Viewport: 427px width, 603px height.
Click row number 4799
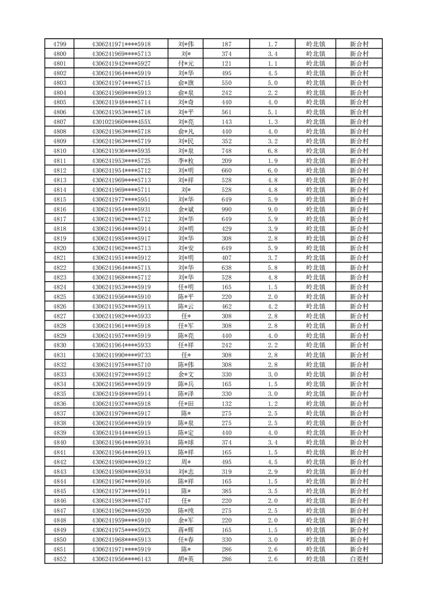[60, 44]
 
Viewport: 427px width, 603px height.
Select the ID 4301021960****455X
[121, 121]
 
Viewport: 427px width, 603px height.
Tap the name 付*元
[186, 63]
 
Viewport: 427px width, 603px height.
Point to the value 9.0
[272, 209]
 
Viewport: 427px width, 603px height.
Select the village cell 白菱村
[359, 559]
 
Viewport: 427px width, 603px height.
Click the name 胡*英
[186, 559]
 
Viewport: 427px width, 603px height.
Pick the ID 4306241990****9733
[121, 355]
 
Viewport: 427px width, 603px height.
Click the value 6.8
[272, 151]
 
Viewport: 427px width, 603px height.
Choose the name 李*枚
[186, 161]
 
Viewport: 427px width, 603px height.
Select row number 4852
[60, 559]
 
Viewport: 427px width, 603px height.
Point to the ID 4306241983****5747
[121, 501]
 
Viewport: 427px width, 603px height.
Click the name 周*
[186, 462]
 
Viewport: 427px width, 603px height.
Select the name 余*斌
[186, 209]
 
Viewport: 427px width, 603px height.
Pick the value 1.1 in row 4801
[272, 63]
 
